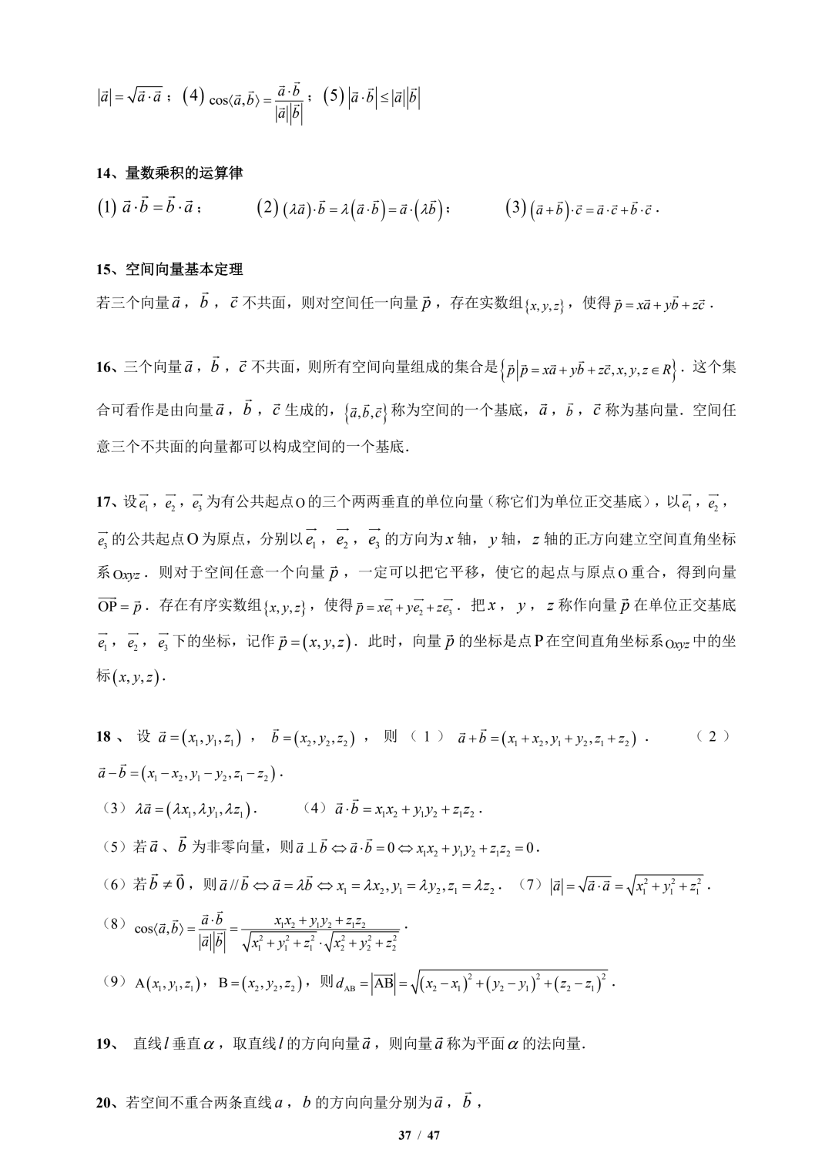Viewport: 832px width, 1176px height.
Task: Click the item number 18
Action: pyautogui.click(x=104, y=737)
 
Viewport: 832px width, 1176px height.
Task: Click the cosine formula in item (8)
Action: pyautogui.click(x=266, y=931)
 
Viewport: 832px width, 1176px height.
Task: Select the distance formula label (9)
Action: pyautogui.click(x=113, y=982)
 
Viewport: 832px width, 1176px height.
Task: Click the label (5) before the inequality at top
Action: pyautogui.click(x=334, y=98)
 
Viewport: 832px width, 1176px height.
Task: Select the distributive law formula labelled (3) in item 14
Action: pyautogui.click(x=582, y=209)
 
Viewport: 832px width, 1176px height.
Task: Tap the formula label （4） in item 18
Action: pyautogui.click(x=315, y=809)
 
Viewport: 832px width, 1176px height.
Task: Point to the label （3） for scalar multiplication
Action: pyautogui.click(x=113, y=809)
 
